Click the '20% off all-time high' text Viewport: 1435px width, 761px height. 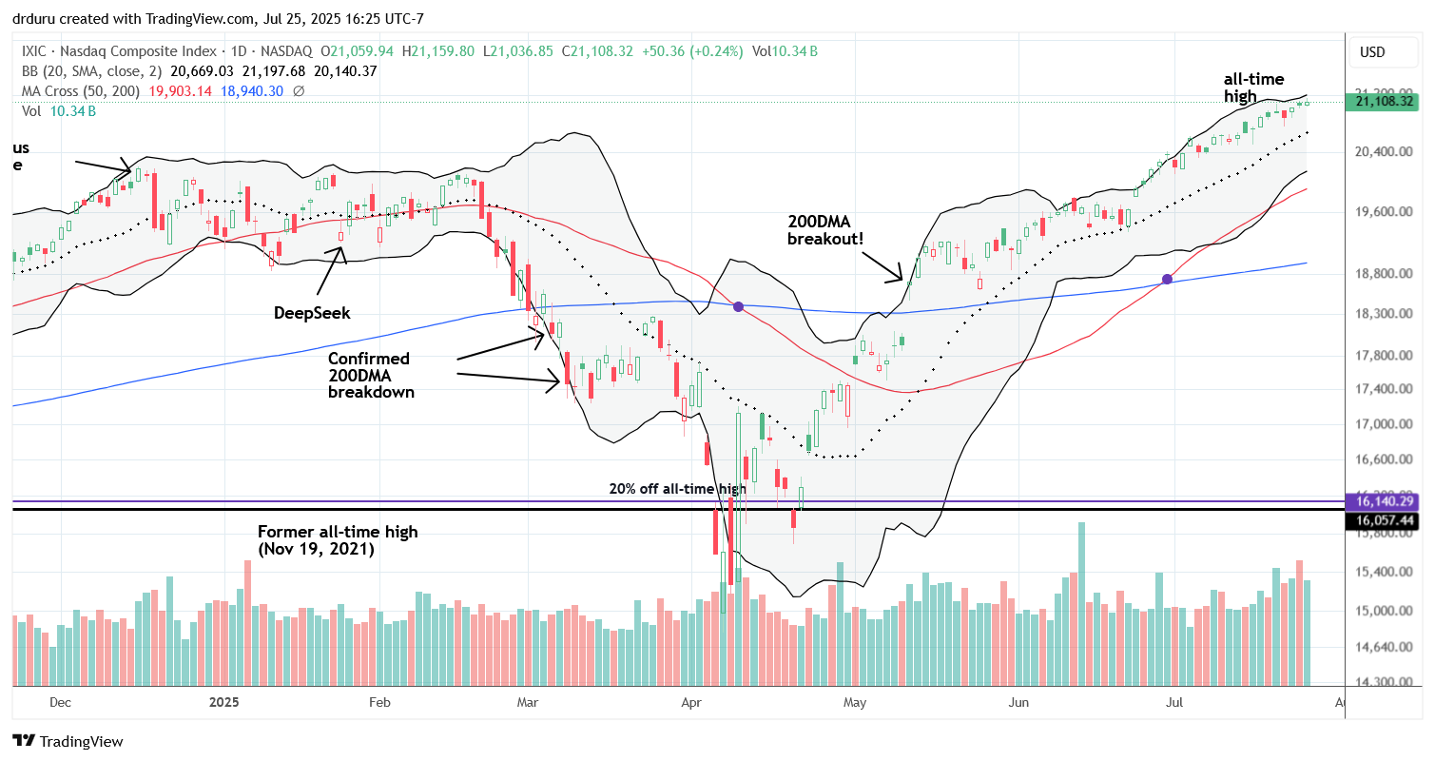(x=676, y=489)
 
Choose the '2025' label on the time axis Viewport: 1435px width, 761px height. (x=224, y=703)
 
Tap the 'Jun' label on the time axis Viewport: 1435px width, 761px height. (x=1018, y=703)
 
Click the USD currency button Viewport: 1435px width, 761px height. (x=1372, y=51)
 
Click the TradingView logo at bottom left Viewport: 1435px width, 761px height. (x=68, y=741)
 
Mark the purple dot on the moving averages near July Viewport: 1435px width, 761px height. (x=1168, y=280)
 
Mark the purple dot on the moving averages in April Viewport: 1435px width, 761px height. (x=739, y=306)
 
